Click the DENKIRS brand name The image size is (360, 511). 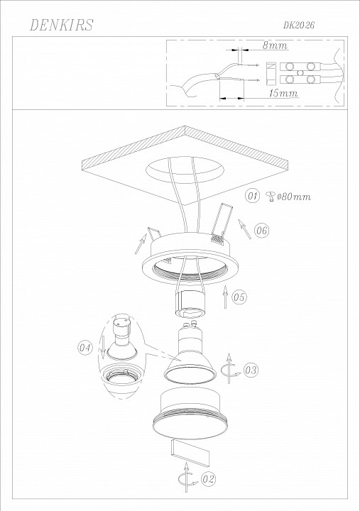(x=61, y=25)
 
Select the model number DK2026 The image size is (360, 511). (x=299, y=25)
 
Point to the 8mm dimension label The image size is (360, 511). (x=276, y=45)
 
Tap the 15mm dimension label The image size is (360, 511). (x=283, y=93)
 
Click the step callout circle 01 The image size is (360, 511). (x=252, y=196)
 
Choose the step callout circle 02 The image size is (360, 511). (x=208, y=479)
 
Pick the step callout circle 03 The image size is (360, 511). (x=251, y=370)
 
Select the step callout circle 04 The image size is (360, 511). (x=84, y=347)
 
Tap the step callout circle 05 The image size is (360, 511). (x=239, y=297)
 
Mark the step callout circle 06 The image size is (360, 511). (x=261, y=231)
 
